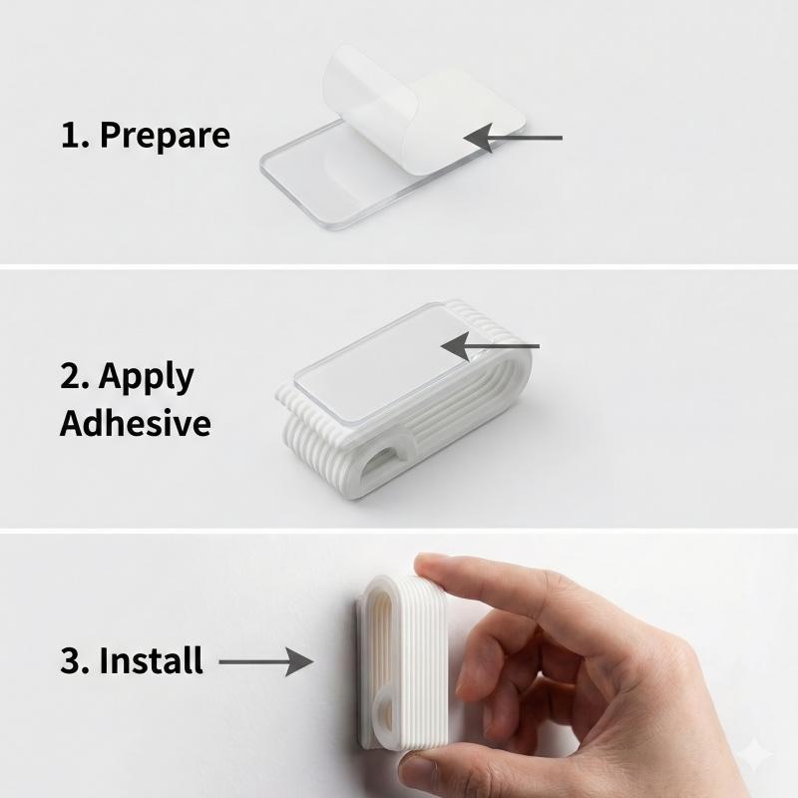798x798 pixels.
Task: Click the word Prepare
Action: coord(165,136)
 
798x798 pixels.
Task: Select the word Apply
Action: coord(147,378)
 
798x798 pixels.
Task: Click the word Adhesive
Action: coord(136,422)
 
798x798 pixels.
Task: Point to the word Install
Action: coord(152,660)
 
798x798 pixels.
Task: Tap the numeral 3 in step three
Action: coord(70,660)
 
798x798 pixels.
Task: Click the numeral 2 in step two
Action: coord(70,376)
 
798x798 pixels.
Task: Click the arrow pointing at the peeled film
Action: coord(513,138)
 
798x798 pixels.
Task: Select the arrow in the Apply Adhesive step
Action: coord(490,346)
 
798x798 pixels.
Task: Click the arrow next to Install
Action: coord(266,661)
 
